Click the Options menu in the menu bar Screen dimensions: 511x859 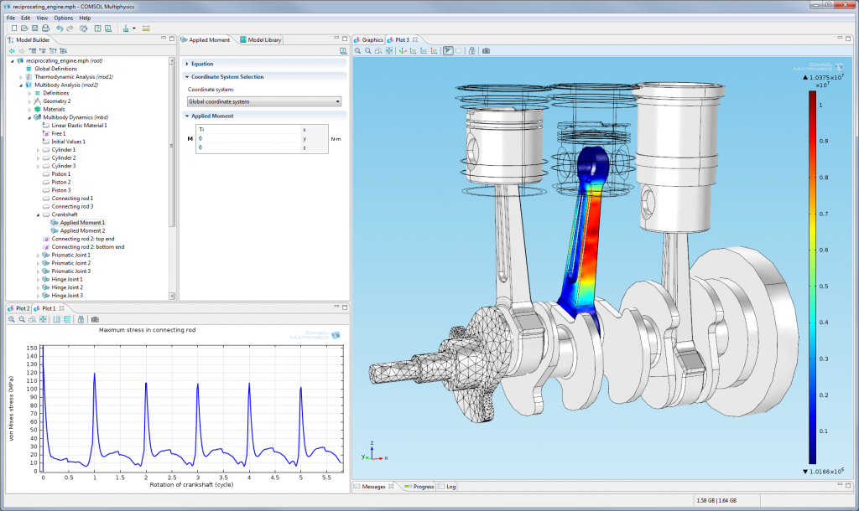click(63, 18)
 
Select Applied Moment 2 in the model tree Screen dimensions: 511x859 click(82, 230)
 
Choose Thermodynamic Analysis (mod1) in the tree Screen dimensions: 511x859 click(73, 77)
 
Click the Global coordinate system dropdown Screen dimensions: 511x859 click(264, 101)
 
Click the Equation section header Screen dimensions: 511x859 click(202, 64)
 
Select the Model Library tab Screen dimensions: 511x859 click(263, 39)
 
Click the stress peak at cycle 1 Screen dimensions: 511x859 click(94, 374)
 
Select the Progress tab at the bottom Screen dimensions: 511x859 click(419, 486)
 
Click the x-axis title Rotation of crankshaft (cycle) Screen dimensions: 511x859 click(191, 484)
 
